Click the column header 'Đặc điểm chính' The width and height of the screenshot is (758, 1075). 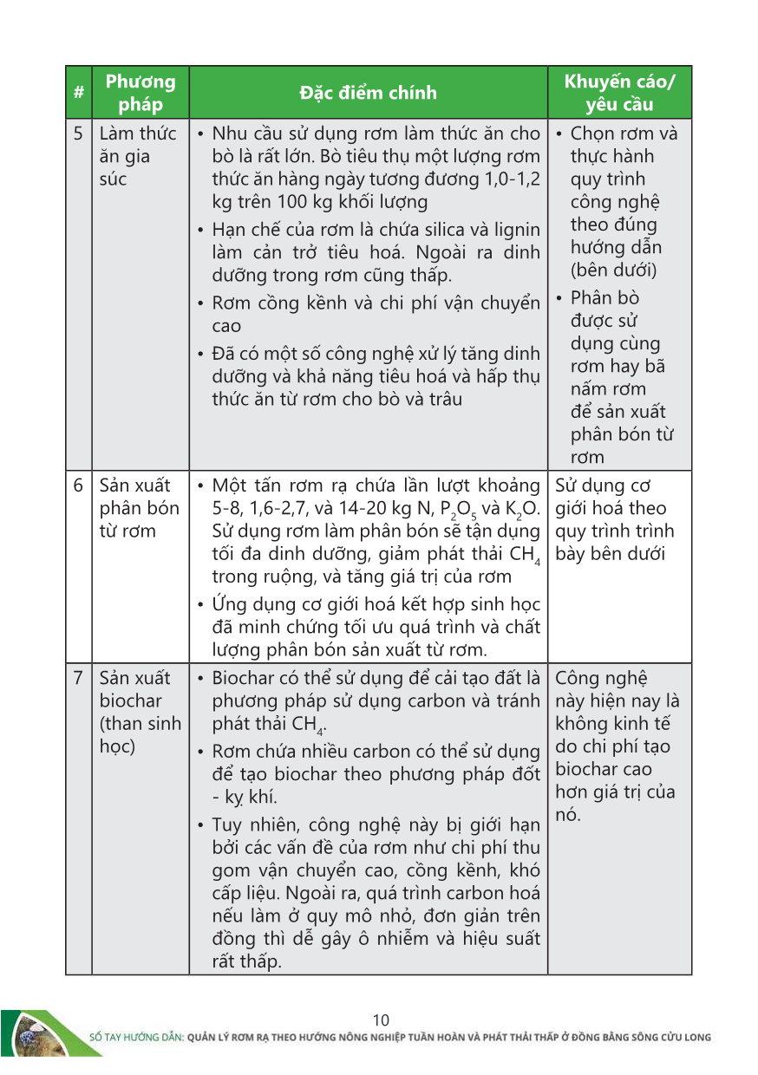click(x=368, y=93)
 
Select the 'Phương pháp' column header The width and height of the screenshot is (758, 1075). click(x=140, y=93)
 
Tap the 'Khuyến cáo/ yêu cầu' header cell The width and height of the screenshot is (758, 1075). click(x=619, y=93)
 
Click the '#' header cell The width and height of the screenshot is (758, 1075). click(x=79, y=93)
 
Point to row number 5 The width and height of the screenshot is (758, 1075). click(x=79, y=134)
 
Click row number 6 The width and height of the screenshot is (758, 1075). click(x=79, y=485)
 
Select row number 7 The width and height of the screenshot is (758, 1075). click(x=79, y=678)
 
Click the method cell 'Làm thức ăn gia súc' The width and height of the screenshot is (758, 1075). click(x=138, y=156)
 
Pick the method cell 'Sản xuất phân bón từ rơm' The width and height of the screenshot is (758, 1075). click(x=140, y=508)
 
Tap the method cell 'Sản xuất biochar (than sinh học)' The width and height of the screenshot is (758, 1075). click(x=140, y=712)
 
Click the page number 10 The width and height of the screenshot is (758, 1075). click(x=380, y=1020)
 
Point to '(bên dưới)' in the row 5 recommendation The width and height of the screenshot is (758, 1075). click(x=613, y=270)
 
